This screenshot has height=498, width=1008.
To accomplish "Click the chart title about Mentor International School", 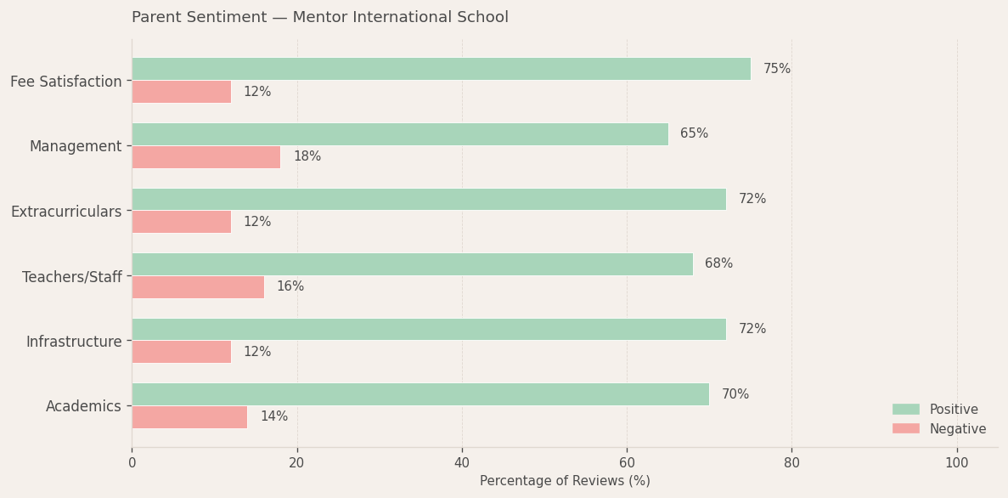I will click(x=320, y=18).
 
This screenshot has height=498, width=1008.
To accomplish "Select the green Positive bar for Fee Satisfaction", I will click(x=441, y=69).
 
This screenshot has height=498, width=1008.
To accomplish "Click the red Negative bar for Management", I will click(x=206, y=157).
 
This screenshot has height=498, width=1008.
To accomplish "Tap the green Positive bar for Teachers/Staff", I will click(x=412, y=264).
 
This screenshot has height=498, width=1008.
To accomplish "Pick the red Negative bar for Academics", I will click(x=189, y=417).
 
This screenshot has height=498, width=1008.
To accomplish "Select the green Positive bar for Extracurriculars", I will click(x=429, y=200).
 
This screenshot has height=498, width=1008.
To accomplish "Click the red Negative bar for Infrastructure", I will click(x=181, y=352).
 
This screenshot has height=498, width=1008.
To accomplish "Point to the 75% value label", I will click(x=776, y=69).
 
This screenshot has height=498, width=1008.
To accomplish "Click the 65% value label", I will click(x=694, y=134).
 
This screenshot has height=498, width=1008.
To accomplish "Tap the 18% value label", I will click(x=307, y=157).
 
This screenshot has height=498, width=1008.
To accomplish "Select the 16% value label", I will click(x=290, y=287).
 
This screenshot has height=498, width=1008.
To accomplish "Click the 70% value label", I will click(x=735, y=394).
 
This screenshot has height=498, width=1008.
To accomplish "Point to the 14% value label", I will click(x=273, y=417).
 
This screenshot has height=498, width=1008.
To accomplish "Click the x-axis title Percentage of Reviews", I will click(x=565, y=481).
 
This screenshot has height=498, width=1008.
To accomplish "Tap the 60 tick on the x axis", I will click(x=627, y=463).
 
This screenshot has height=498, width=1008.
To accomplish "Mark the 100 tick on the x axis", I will click(x=956, y=463).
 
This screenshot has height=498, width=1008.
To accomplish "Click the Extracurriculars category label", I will click(x=66, y=212).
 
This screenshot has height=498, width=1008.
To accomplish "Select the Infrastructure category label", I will click(x=74, y=342).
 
